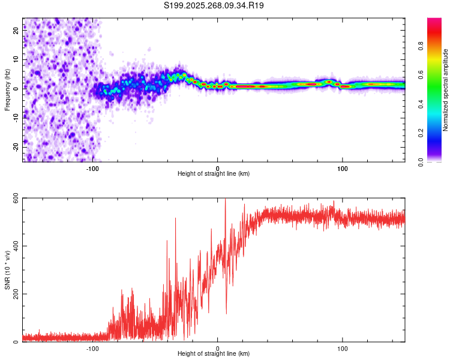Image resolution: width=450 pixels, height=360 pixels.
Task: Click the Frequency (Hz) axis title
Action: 8,90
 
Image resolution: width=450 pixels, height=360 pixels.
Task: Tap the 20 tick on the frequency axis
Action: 16,32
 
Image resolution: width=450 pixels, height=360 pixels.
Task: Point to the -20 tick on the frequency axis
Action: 14,146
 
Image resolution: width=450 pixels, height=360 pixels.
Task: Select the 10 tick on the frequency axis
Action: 16,60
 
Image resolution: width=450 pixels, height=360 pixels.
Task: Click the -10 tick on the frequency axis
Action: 14,118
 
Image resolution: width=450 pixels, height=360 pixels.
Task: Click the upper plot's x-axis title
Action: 214,174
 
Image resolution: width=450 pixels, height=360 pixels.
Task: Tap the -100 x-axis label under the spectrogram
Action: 92,169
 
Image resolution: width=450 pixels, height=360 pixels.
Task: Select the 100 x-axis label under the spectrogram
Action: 343,169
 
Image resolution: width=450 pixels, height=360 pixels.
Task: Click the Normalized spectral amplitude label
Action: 446,90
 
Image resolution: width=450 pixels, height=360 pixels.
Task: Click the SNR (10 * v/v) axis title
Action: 8,270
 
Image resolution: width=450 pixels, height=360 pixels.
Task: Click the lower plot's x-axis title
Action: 214,354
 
